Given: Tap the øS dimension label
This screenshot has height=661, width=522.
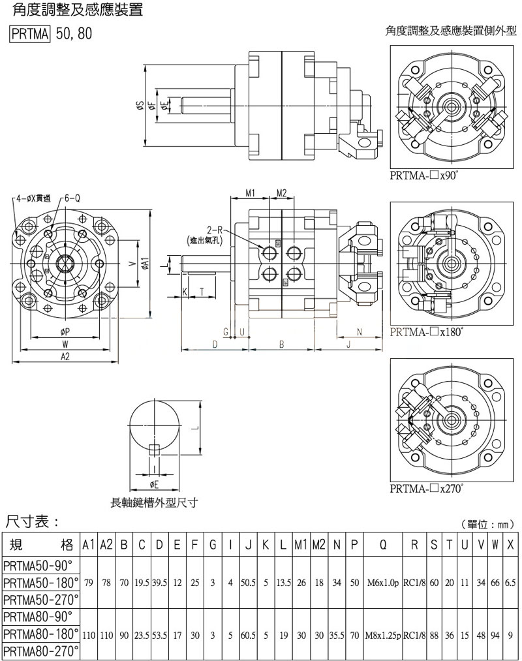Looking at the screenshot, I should click(140, 107).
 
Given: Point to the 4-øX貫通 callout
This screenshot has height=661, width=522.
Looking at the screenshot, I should click(33, 198).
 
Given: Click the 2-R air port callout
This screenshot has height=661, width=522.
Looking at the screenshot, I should click(215, 230).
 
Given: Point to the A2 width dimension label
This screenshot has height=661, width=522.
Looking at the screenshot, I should click(65, 356).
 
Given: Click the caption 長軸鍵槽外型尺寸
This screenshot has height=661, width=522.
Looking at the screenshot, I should click(154, 502).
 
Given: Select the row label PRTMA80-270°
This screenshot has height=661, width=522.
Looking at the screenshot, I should click(40, 651).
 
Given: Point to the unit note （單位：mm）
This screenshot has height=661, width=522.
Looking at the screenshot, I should click(487, 524).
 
